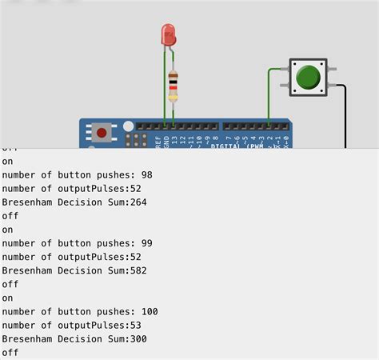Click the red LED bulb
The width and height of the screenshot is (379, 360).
pyautogui.click(x=168, y=34)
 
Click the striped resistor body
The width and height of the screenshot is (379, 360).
pyautogui.click(x=173, y=84)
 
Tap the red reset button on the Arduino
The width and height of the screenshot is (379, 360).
pyautogui.click(x=102, y=132)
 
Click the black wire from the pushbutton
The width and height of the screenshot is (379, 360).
pyautogui.click(x=345, y=112)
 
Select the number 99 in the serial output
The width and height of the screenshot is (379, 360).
pyautogui.click(x=146, y=243)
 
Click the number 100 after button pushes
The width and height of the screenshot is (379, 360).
pyautogui.click(x=149, y=311)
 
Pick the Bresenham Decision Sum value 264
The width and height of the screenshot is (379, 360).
pyautogui.click(x=138, y=202)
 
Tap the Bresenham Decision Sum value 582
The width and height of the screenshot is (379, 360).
pyautogui.click(x=138, y=270)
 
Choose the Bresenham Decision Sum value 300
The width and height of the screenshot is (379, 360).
pyautogui.click(x=138, y=338)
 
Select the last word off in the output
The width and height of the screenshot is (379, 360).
pyautogui.click(x=10, y=352)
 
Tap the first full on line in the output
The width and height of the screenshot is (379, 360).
pyautogui.click(x=7, y=162)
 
